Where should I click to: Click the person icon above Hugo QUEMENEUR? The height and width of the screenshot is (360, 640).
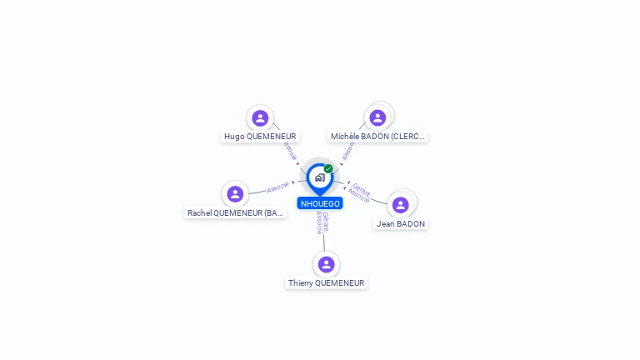pyautogui.click(x=260, y=118)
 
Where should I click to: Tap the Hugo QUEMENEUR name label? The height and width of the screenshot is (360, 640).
pyautogui.click(x=260, y=137)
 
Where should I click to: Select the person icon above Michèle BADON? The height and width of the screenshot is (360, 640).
pyautogui.click(x=377, y=118)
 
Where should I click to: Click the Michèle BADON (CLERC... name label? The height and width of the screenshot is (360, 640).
pyautogui.click(x=377, y=137)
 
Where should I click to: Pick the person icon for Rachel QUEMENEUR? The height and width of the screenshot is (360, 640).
pyautogui.click(x=235, y=194)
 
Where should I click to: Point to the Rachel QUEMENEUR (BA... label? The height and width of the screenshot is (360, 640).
pyautogui.click(x=236, y=213)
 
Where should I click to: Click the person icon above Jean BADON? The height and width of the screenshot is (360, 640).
pyautogui.click(x=401, y=205)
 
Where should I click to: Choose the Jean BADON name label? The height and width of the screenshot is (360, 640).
pyautogui.click(x=401, y=224)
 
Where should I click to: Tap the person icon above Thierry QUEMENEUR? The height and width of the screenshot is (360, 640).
pyautogui.click(x=326, y=264)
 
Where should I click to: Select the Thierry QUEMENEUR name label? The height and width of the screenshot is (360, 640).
pyautogui.click(x=327, y=283)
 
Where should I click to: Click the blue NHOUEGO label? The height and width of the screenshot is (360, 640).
pyautogui.click(x=320, y=203)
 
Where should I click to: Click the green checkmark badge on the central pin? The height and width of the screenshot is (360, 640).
pyautogui.click(x=328, y=169)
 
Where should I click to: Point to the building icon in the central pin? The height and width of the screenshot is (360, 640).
pyautogui.click(x=319, y=177)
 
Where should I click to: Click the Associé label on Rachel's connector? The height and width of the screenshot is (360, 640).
pyautogui.click(x=277, y=187)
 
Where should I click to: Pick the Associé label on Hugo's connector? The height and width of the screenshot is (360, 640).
pyautogui.click(x=290, y=151)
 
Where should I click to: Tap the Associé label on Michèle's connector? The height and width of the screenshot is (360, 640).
pyautogui.click(x=348, y=151)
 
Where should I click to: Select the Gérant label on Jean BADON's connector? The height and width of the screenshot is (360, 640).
pyautogui.click(x=362, y=188)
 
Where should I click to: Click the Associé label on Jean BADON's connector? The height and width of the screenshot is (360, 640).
pyautogui.click(x=358, y=197)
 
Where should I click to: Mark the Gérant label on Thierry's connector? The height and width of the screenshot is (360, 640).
pyautogui.click(x=325, y=221)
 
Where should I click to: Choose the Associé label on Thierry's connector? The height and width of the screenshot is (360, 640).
pyautogui.click(x=317, y=222)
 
